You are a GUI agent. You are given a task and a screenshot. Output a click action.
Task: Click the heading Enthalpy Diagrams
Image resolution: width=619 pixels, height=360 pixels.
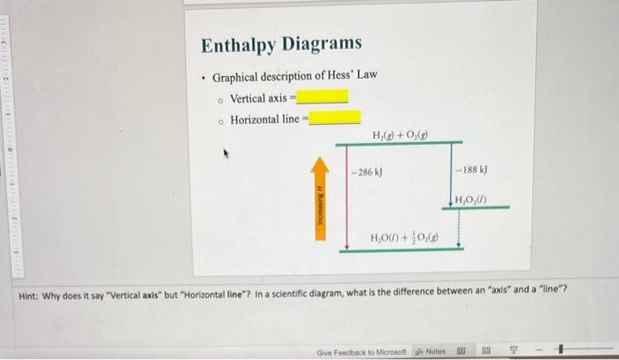click(281, 44)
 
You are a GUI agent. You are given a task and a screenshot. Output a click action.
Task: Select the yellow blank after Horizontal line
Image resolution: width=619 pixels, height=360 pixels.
click(334, 118)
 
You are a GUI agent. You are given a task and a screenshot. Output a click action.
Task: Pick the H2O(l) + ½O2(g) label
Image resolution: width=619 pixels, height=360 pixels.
click(405, 238)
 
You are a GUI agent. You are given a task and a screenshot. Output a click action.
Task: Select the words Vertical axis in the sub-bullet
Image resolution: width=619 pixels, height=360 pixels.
click(258, 97)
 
